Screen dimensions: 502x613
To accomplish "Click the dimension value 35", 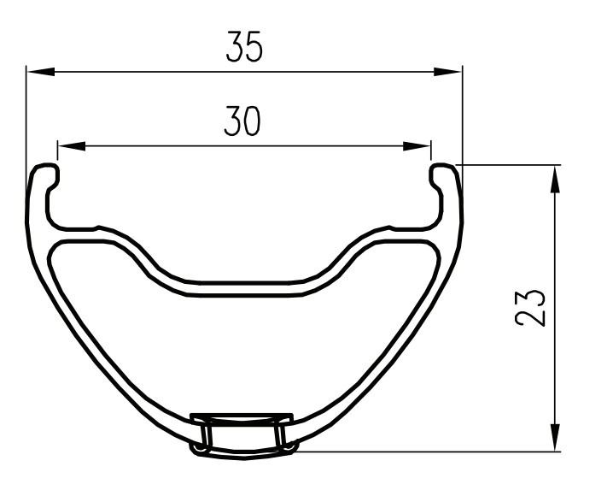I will (x=244, y=47).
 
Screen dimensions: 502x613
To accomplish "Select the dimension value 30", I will (x=242, y=122).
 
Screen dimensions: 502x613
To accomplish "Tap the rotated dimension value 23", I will (x=531, y=307).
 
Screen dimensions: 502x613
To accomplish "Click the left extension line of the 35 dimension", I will (x=26, y=120).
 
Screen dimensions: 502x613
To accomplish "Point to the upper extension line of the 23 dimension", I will (x=512, y=164).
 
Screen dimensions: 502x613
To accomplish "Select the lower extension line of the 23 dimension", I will (x=427, y=451).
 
